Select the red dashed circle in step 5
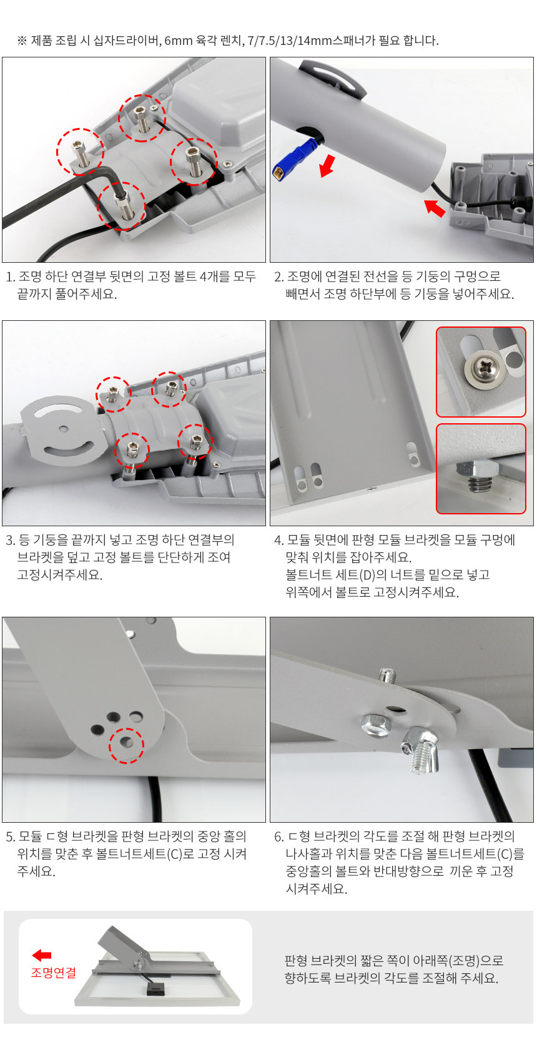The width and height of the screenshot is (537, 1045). click(126, 745)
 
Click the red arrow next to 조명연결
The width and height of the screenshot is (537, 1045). click(41, 955)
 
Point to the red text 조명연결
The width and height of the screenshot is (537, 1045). click(53, 973)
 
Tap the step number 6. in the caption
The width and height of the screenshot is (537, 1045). click(279, 837)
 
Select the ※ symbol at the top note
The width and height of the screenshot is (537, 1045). click(21, 41)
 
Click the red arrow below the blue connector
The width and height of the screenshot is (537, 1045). click(328, 165)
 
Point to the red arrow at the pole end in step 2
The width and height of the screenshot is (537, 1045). click(435, 208)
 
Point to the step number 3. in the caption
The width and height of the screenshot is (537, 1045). click(11, 540)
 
